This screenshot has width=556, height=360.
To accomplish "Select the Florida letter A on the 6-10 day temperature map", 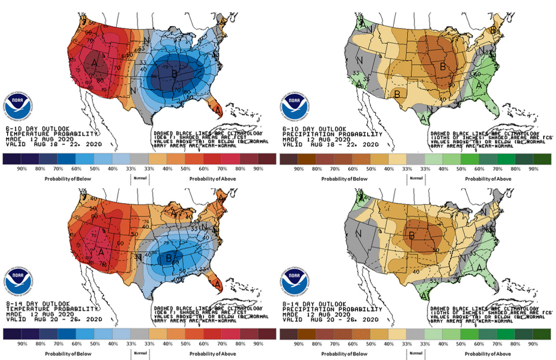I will click(218, 110).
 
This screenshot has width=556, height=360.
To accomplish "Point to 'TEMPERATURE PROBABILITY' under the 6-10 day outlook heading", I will click(38, 134).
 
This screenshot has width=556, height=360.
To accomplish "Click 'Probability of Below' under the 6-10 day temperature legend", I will click(65, 179).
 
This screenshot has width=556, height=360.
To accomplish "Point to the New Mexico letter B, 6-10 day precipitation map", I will click(396, 94).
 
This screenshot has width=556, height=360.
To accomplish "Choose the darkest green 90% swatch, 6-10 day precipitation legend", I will click(542, 159).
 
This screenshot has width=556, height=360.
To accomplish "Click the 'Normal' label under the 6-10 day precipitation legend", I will click(416, 178).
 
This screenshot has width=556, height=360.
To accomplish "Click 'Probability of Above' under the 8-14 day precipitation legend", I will click(490, 353).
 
